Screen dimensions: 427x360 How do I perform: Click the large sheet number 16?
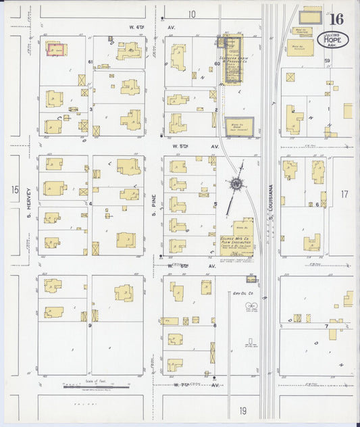pyautogui.click(x=336, y=20)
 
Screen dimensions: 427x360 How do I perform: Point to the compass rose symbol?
pyautogui.click(x=236, y=183)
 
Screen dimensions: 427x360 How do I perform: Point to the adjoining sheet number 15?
pyautogui.click(x=15, y=191)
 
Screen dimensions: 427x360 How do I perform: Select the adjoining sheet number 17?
pyautogui.click(x=344, y=194)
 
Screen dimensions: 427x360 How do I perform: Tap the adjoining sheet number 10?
pyautogui.click(x=192, y=14)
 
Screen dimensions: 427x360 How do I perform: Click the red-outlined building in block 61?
pyautogui.click(x=54, y=48)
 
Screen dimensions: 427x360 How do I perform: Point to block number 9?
pyautogui.click(x=89, y=325)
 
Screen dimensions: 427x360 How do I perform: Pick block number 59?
pyautogui.click(x=326, y=61)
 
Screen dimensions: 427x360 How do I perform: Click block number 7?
pyautogui.click(x=327, y=326)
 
